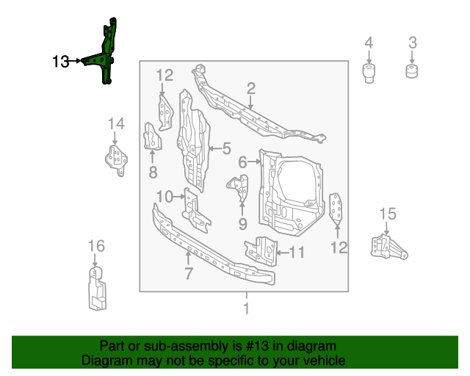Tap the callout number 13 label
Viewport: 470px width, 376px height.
point(62,62)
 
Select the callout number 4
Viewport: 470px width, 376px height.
point(369,43)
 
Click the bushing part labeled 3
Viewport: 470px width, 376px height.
point(413,71)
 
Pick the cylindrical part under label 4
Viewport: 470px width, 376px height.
point(369,74)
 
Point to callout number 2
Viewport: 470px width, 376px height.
point(250,89)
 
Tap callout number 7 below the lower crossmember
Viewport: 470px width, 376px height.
point(189,274)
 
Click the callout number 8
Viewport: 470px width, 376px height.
point(153,173)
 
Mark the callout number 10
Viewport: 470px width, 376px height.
point(164,196)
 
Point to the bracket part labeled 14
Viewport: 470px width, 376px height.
point(115,160)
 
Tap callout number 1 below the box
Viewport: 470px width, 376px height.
point(246,308)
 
